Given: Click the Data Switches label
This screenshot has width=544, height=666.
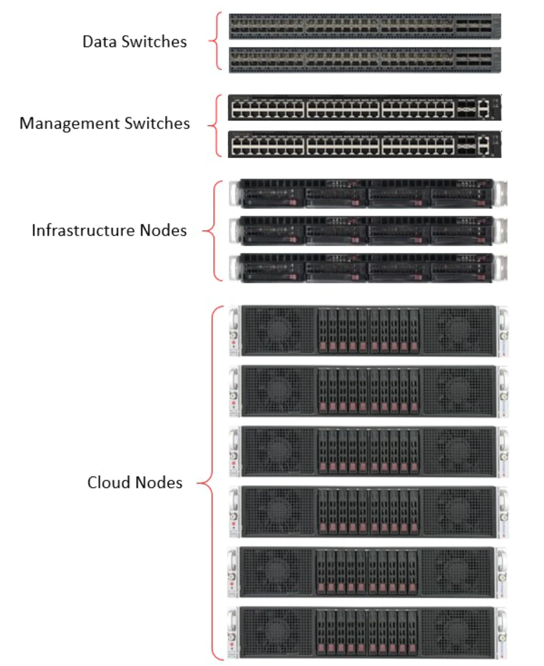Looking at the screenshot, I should pos(134,42).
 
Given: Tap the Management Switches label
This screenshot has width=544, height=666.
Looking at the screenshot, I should pos(105,124).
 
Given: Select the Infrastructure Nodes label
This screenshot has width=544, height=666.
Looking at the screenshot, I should pos(109,230).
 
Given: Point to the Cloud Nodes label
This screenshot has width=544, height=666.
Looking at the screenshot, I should pos(134,483).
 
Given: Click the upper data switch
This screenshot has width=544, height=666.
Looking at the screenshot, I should pos(365,27).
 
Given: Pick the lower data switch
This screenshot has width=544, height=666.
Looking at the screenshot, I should pos(365,59).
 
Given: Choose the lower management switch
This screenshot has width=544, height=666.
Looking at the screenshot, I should pos(364,144).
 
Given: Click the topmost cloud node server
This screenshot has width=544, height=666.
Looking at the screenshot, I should pos(369,330).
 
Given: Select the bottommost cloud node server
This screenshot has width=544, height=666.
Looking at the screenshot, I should pos(369,632).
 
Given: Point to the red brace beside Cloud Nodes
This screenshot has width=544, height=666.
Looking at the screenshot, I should pos(209,483).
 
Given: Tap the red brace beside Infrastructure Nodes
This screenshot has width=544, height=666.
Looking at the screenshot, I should pos(210,230).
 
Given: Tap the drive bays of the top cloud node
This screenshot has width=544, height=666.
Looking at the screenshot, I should pos(369,331).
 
